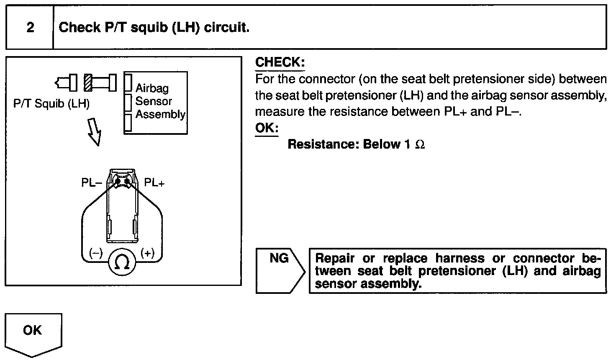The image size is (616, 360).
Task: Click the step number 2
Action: tap(30, 28)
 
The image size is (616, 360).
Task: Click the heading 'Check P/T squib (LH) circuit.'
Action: tap(154, 28)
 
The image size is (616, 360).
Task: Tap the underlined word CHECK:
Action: tap(280, 62)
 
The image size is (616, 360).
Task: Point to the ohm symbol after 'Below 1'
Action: tap(420, 144)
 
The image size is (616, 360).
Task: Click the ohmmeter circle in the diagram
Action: tap(122, 262)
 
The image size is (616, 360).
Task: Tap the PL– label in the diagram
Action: tap(92, 183)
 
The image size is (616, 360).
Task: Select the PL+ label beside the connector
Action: tap(154, 183)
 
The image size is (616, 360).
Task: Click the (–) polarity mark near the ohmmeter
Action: tap(95, 253)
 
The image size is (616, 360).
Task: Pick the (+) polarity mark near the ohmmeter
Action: tap(148, 253)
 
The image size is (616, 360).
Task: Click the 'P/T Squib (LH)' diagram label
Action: tap(51, 104)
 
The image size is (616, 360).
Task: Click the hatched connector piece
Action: tap(88, 82)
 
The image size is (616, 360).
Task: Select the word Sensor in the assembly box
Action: tap(154, 101)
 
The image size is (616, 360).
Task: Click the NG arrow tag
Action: tap(280, 270)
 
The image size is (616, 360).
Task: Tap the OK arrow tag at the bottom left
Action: tap(33, 333)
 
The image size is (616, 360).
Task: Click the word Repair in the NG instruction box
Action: tap(334, 258)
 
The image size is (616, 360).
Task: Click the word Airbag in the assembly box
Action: tap(152, 88)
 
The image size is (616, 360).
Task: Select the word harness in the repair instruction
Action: tap(459, 258)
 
